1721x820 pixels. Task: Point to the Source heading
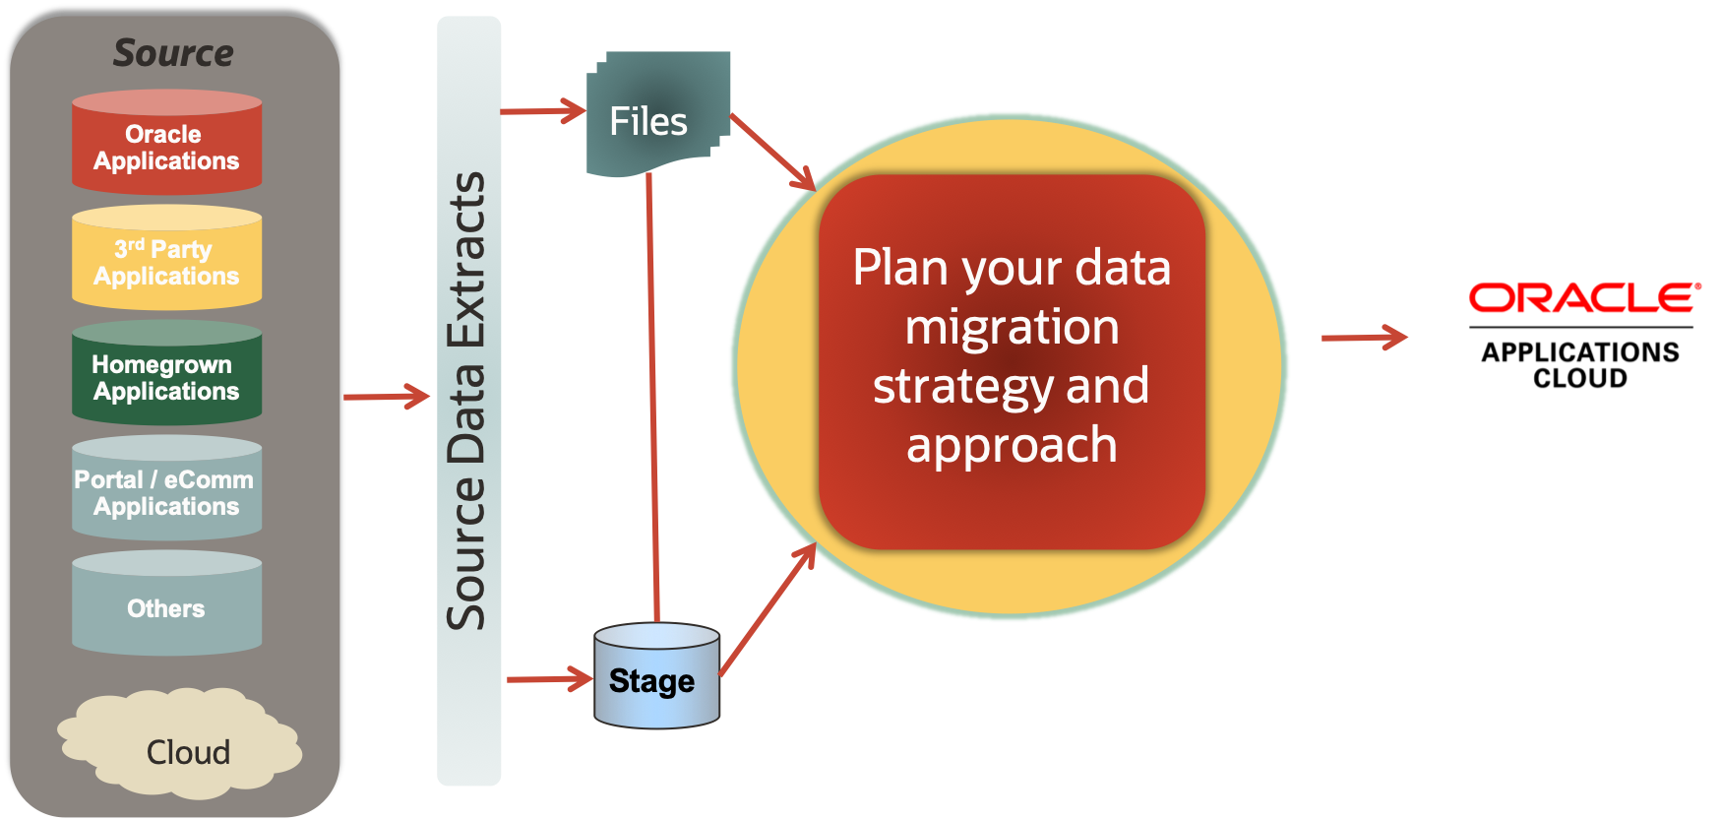pos(173,53)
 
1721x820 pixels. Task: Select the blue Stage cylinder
pos(656,678)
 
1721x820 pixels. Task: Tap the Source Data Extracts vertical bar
pos(468,401)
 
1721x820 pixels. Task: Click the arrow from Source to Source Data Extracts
pos(387,397)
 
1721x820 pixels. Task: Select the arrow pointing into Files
pos(543,111)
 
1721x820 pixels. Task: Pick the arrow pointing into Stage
pos(549,678)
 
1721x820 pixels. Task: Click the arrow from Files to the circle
pos(773,152)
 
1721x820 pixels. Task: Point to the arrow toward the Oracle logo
pos(1364,338)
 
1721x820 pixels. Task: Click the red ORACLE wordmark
pos(1582,298)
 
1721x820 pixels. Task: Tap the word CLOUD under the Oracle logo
pos(1580,379)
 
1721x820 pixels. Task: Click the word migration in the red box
pos(1012,328)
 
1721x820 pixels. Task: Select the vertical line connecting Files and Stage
pos(652,394)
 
